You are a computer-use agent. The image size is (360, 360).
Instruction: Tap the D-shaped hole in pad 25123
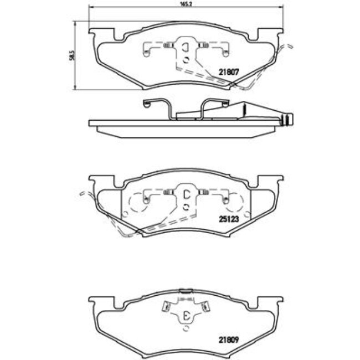pyautogui.click(x=186, y=194)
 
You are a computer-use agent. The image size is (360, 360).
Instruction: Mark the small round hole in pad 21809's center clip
pyautogui.click(x=186, y=328)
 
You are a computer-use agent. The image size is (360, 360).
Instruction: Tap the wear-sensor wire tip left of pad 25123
pyautogui.click(x=81, y=193)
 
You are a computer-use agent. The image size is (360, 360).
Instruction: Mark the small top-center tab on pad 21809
pyautogui.click(x=186, y=289)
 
